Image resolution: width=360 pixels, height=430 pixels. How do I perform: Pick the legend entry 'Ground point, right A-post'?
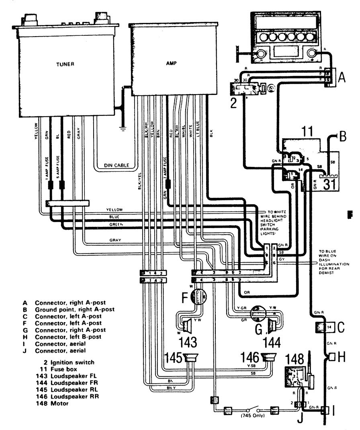[x=75, y=309]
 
